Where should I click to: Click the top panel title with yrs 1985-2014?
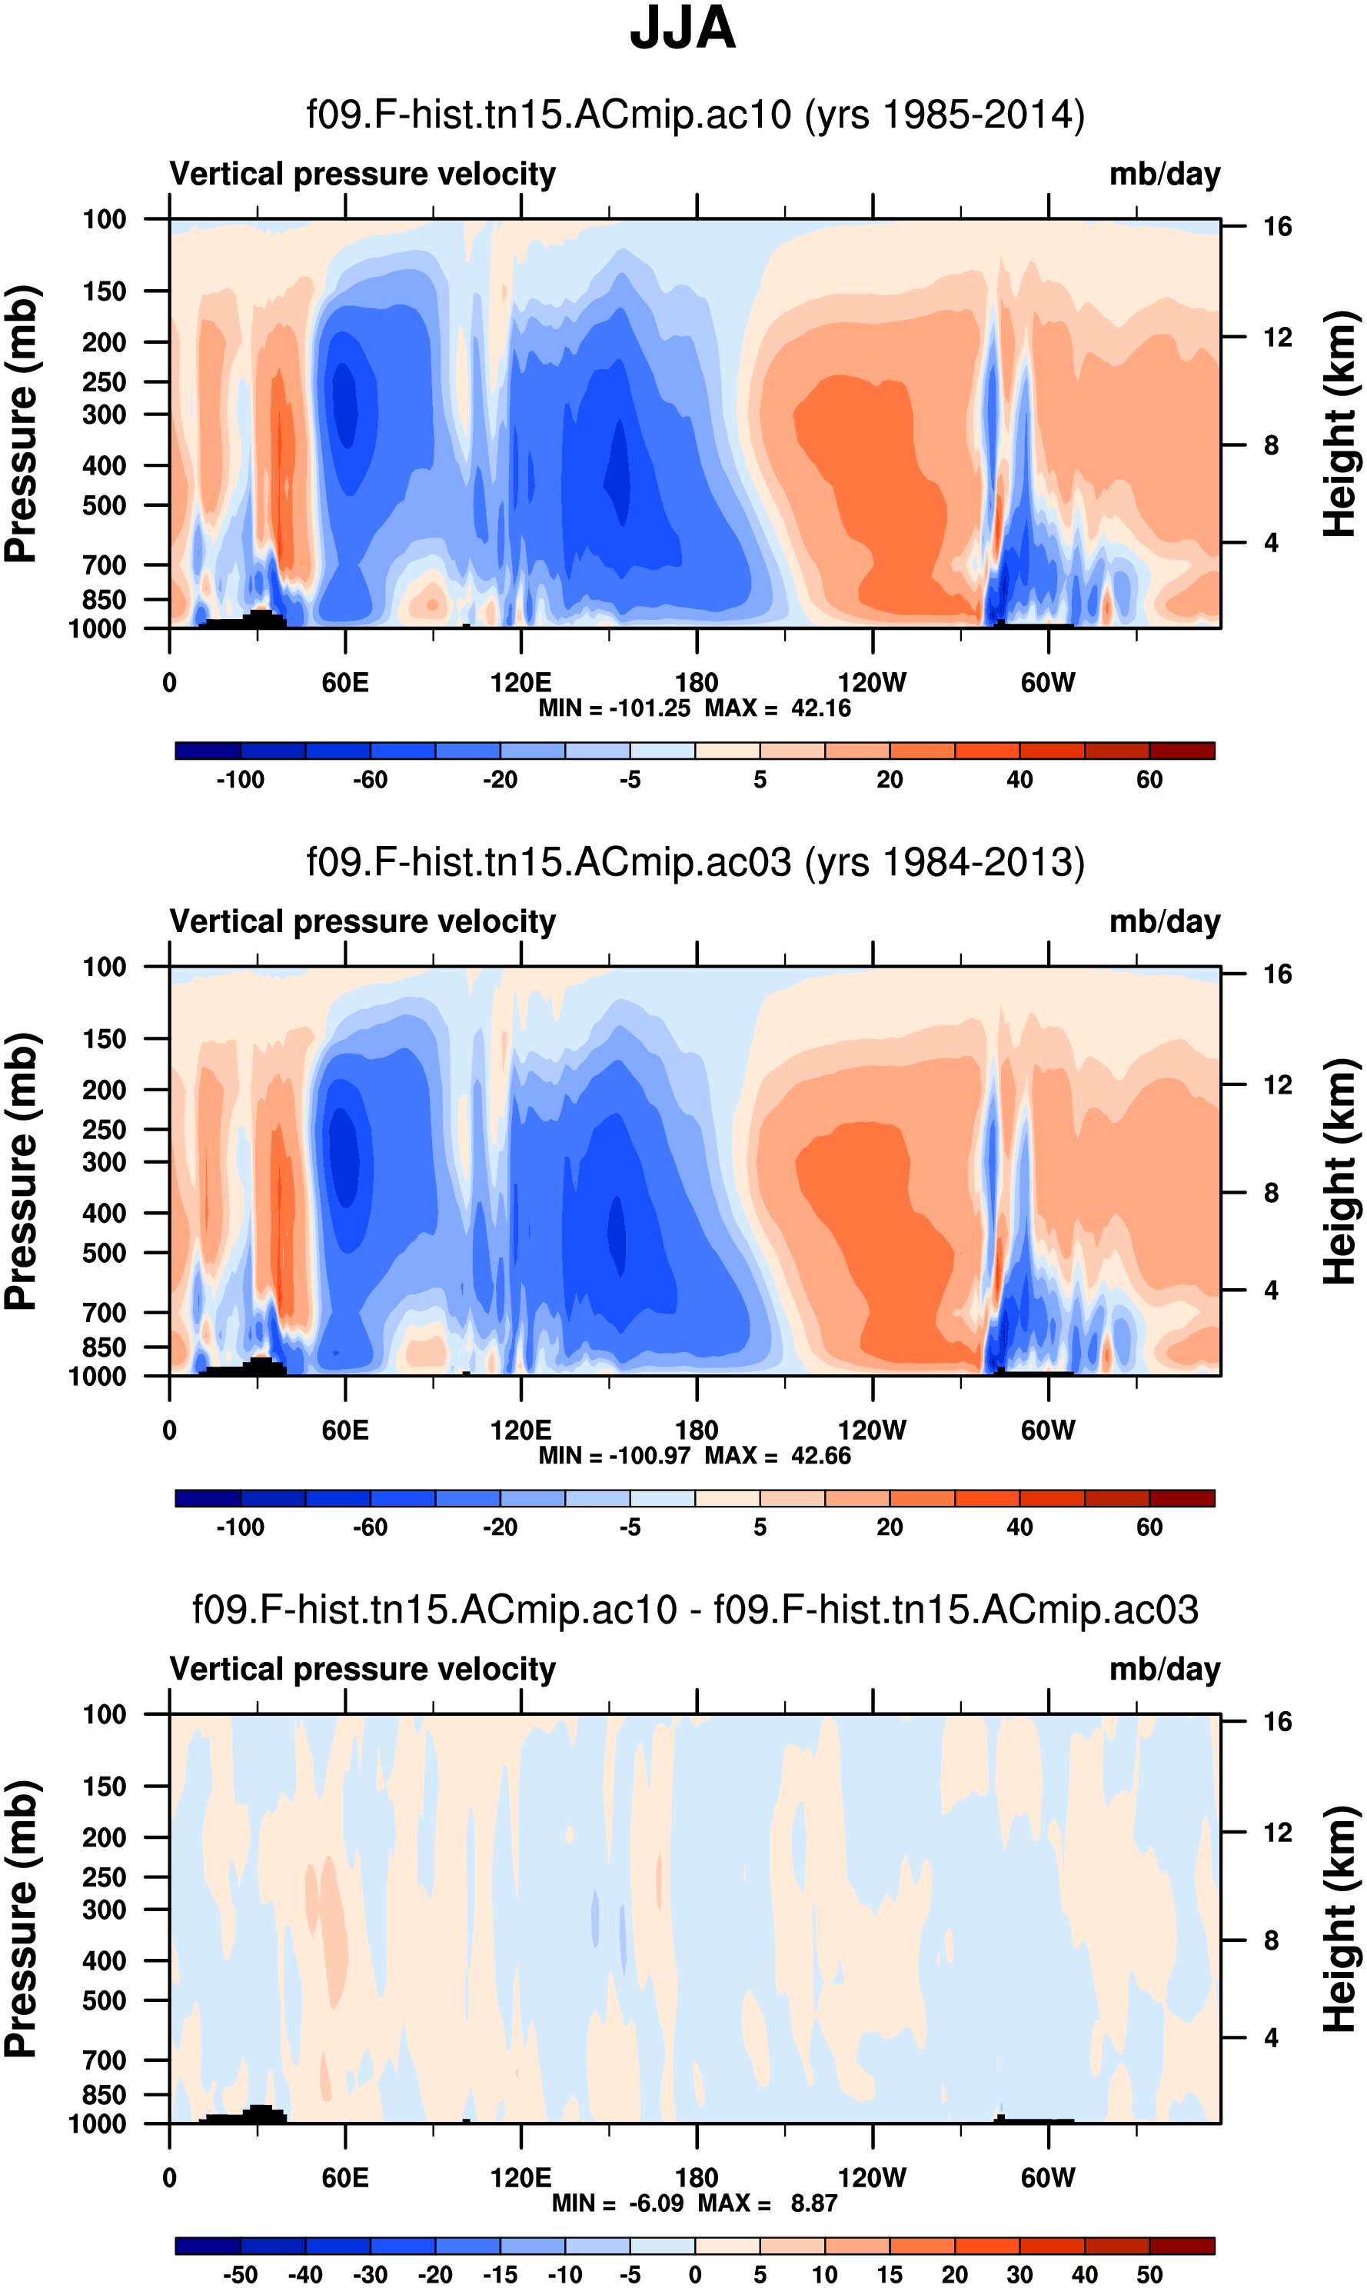[696, 115]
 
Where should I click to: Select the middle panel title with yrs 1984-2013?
[696, 862]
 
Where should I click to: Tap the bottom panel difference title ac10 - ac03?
[696, 1610]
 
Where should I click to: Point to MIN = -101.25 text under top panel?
[614, 708]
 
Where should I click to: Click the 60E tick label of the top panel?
[345, 683]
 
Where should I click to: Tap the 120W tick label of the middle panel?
[873, 1430]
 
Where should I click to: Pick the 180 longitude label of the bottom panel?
[697, 2177]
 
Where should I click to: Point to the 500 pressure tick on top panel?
[104, 506]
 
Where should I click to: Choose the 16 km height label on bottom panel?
[1277, 1721]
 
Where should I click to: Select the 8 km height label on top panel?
[1271, 446]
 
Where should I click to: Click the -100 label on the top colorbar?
[241, 780]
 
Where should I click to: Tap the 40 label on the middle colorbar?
[1019, 1527]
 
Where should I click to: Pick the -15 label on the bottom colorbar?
[501, 2274]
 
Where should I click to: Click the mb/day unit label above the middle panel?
[1164, 921]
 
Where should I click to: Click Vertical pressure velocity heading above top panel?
[363, 174]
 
